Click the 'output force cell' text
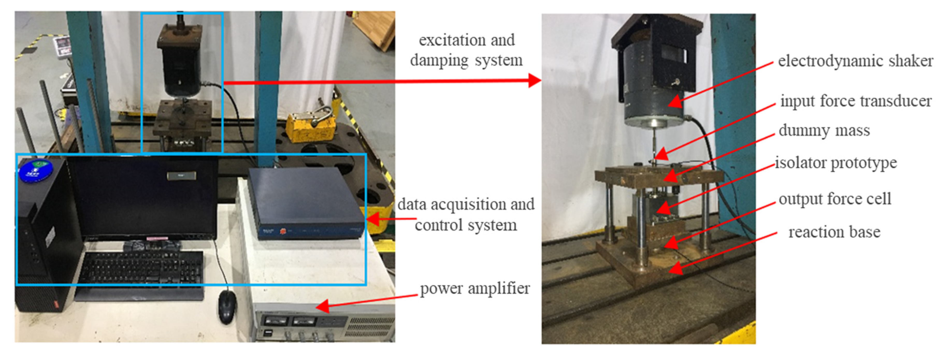(835, 199)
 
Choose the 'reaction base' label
(834, 232)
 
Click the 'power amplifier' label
(475, 289)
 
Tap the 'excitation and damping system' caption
(466, 50)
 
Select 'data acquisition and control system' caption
(466, 214)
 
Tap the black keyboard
(141, 268)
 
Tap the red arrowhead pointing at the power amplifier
(323, 306)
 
